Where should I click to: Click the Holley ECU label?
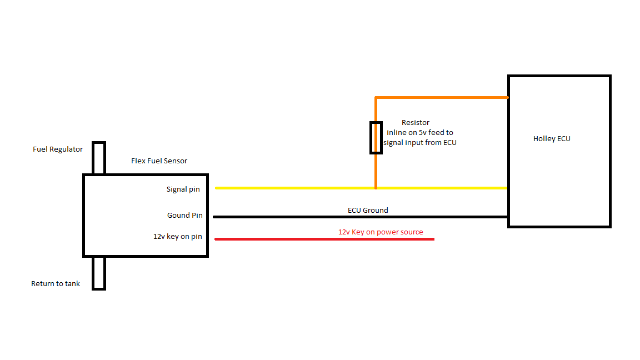(552, 139)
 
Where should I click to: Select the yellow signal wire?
(361, 188)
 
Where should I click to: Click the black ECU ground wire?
(361, 217)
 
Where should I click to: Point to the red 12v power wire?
(324, 239)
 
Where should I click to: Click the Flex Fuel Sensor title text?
(159, 161)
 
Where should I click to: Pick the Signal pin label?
(183, 189)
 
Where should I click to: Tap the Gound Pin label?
(185, 215)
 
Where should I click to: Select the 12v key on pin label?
(178, 237)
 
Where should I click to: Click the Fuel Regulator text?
(58, 149)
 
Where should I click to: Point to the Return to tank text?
(56, 284)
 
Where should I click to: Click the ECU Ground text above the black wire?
(368, 210)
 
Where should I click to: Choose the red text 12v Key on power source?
(381, 232)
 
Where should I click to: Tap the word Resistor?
(416, 122)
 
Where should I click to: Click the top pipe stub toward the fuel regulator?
(99, 158)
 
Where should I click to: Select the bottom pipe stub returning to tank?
(99, 273)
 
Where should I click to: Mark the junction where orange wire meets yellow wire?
(376, 188)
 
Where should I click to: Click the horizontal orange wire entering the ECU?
(442, 98)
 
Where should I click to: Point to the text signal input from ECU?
(419, 142)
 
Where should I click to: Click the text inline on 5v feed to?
(420, 133)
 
